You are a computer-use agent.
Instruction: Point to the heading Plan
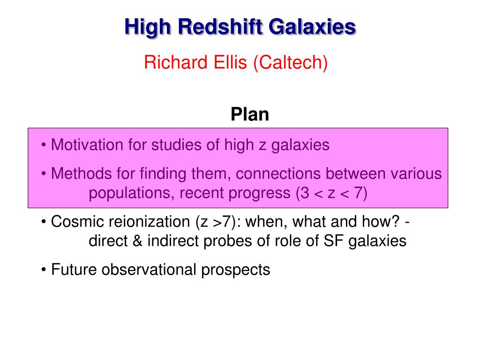click(x=250, y=114)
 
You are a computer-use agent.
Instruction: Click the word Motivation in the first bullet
click(x=87, y=145)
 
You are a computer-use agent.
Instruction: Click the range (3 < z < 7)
click(x=331, y=193)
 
